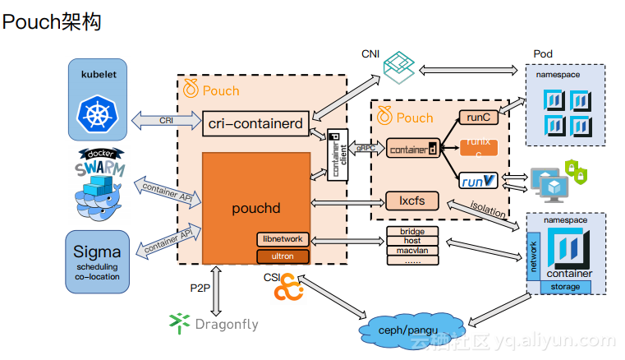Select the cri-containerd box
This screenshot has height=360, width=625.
tap(255, 123)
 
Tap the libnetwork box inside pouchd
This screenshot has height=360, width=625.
tap(283, 239)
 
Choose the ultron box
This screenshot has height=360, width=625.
tap(283, 256)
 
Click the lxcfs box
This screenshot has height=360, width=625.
tap(411, 201)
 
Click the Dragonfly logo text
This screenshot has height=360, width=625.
tap(226, 324)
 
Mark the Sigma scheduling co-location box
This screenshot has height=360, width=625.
tap(97, 260)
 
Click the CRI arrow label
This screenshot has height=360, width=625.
tap(167, 120)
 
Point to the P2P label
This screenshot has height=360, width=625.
tap(201, 288)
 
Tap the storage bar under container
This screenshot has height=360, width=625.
tap(566, 287)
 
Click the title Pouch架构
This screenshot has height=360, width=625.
tap(52, 22)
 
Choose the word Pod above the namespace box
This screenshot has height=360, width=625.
tap(543, 53)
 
